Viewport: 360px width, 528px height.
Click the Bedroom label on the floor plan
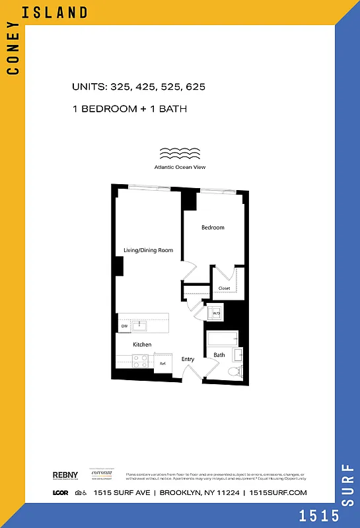click(213, 228)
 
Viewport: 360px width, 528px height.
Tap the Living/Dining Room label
click(148, 250)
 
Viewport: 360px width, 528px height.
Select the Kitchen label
click(142, 345)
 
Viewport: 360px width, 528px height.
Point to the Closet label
click(224, 288)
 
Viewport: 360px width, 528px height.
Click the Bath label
click(219, 355)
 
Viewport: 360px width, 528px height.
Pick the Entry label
click(188, 359)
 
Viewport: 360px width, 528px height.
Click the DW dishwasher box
click(124, 326)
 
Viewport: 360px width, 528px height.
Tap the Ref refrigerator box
click(162, 363)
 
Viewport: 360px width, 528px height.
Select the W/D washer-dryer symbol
click(215, 313)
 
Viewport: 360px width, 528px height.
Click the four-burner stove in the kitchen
click(141, 360)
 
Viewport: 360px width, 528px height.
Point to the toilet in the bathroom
click(233, 372)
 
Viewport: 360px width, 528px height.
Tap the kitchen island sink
click(139, 325)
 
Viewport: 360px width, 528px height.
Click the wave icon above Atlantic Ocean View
click(180, 154)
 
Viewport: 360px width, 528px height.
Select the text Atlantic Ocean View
click(180, 167)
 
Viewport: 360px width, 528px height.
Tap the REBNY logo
click(65, 475)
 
